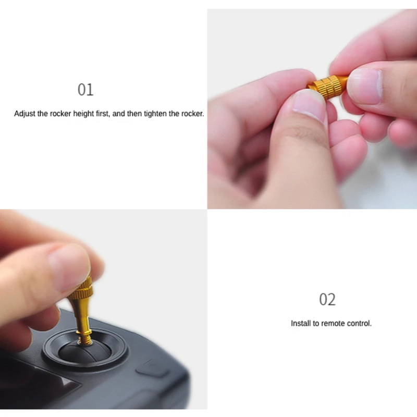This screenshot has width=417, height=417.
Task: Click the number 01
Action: tap(85, 90)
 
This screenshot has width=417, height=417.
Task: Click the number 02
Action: tap(327, 300)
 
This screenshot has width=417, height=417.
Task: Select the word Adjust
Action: tap(25, 114)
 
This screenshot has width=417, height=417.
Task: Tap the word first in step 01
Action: tap(103, 114)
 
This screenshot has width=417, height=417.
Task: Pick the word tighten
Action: tap(156, 114)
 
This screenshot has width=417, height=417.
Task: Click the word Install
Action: tap(301, 324)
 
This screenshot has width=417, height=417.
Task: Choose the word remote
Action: tap(332, 324)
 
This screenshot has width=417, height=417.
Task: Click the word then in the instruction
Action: tap(134, 114)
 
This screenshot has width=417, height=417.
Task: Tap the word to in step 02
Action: tap(316, 324)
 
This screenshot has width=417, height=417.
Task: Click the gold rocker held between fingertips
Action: tap(326, 85)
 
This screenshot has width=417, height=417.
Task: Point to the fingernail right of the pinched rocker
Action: tap(364, 85)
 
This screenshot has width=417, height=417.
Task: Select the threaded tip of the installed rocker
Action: tap(85, 338)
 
